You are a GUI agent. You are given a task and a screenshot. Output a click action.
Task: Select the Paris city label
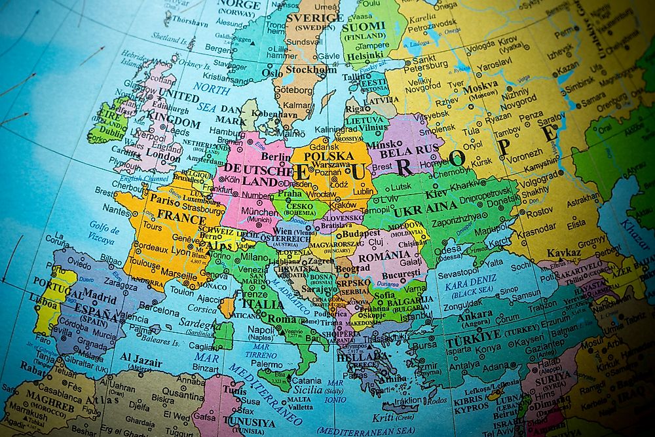164,198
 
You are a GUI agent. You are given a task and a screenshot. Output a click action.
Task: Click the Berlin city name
276,157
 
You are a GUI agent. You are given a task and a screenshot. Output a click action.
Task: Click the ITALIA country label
263,304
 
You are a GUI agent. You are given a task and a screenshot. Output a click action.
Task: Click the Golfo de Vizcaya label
100,235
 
